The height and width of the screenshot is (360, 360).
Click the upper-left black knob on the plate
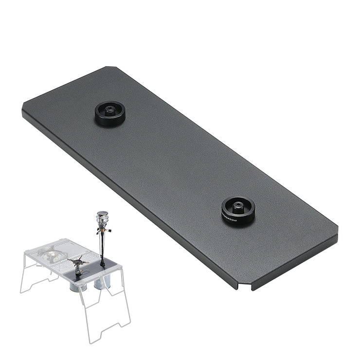(x=110, y=114)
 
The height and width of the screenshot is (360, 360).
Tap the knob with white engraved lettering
(x=238, y=210)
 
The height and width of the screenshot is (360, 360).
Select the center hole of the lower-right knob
(x=238, y=206)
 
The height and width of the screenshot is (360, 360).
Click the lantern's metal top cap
(x=102, y=213)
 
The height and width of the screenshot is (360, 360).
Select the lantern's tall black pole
(x=102, y=248)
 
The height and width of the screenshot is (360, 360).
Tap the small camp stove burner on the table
(x=77, y=263)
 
